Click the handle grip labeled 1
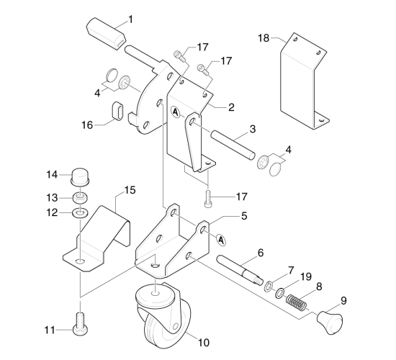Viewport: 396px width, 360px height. [106, 34]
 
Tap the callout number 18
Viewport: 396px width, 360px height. [264, 38]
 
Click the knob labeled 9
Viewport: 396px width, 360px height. [330, 323]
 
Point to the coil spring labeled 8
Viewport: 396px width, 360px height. [297, 302]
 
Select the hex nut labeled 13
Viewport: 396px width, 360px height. [81, 197]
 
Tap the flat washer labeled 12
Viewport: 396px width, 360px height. [81, 212]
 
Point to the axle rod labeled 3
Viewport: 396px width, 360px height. [233, 145]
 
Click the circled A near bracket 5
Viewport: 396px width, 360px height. [221, 240]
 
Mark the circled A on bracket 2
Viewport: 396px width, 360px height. [176, 112]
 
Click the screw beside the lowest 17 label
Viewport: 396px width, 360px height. [208, 199]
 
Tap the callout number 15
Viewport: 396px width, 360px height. [130, 190]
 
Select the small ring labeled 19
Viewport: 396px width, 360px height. [279, 293]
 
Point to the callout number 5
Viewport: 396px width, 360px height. [244, 216]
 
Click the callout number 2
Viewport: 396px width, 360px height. [231, 107]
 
